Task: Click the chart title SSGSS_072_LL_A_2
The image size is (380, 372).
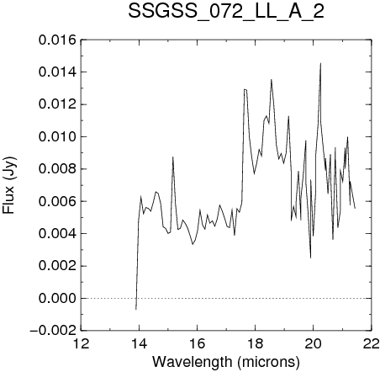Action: click(x=226, y=12)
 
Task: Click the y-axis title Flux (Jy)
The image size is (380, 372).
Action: click(x=9, y=185)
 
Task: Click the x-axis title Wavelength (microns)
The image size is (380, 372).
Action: click(x=226, y=362)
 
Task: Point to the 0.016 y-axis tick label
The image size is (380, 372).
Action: click(x=57, y=40)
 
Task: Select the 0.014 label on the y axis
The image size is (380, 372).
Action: click(x=57, y=72)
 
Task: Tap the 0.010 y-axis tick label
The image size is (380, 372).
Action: click(x=57, y=137)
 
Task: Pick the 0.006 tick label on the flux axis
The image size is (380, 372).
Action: click(x=57, y=201)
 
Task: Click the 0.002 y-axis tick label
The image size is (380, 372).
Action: click(x=57, y=266)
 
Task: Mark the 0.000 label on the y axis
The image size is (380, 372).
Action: click(x=57, y=298)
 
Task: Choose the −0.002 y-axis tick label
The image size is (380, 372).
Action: click(x=53, y=331)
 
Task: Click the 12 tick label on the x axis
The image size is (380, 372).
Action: click(x=81, y=343)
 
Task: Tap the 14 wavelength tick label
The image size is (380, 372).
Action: click(x=140, y=343)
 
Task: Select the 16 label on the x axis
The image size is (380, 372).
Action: click(x=198, y=343)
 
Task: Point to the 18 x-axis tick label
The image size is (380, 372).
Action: click(x=256, y=343)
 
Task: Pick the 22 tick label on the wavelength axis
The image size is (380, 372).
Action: click(x=372, y=343)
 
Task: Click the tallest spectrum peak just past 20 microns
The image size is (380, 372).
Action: click(x=320, y=63)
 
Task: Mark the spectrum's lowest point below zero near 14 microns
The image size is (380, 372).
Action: click(x=136, y=310)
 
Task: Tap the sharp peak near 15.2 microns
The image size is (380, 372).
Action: click(x=173, y=157)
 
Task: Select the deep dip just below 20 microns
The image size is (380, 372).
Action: click(x=310, y=258)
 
